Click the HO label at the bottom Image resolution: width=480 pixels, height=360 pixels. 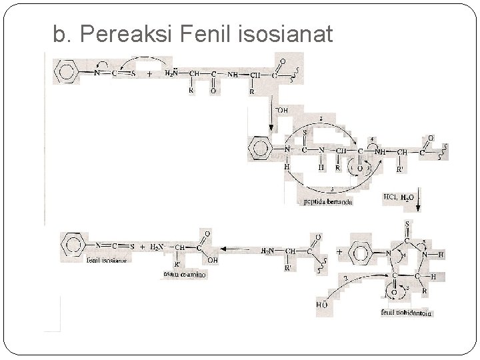pyautogui.click(x=322, y=305)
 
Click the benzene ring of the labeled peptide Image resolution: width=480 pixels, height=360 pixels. pyautogui.click(x=261, y=149)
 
